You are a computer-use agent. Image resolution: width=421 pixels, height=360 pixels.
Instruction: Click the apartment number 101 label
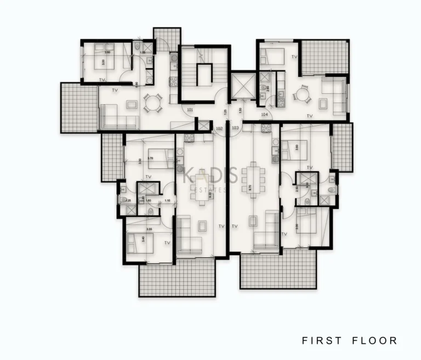tap(190, 110)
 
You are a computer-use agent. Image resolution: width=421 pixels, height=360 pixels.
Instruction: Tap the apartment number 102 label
tap(219, 128)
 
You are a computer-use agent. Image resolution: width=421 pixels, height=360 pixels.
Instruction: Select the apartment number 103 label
tap(235, 128)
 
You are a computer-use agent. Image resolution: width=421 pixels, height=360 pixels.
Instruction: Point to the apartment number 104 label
tap(265, 115)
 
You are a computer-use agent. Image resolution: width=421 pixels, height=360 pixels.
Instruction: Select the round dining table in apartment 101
tap(152, 102)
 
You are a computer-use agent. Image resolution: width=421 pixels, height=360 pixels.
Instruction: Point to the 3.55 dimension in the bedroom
tap(149, 229)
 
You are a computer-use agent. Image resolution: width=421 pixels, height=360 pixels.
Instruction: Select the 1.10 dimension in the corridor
tap(167, 200)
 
